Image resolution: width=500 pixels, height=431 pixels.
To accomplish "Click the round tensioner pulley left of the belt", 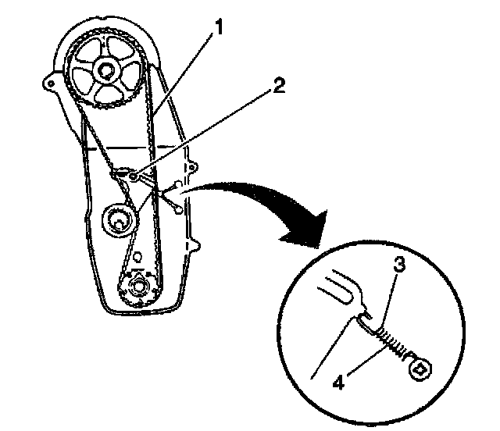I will coord(117,219).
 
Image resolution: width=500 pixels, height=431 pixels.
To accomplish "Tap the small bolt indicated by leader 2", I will coord(134,177).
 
